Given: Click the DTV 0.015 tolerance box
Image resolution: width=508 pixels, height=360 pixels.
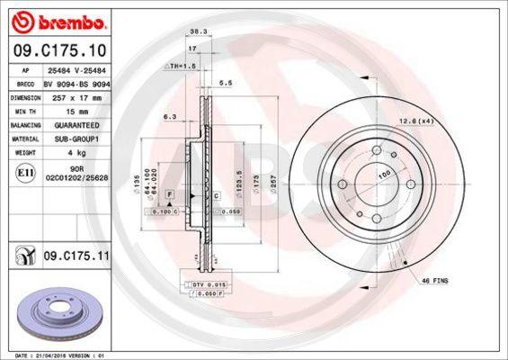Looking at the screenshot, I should coord(206,285).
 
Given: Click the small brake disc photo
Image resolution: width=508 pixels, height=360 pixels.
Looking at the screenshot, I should coord(53,310).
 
